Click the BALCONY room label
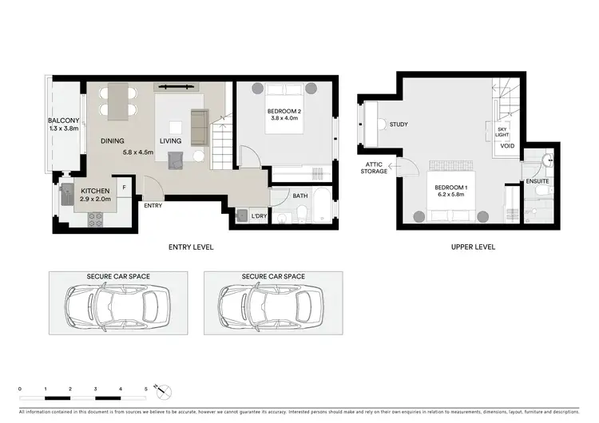pos(62,121)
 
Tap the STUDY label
pos(399,124)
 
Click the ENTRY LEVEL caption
pos(192,247)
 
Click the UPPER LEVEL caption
pos(472,247)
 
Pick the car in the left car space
pos(118,304)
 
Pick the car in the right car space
pos(272,304)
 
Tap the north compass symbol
pos(163,392)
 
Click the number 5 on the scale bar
pos(145,389)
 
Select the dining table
pos(117,101)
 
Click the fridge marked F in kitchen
pos(124,188)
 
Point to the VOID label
pos(506,147)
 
